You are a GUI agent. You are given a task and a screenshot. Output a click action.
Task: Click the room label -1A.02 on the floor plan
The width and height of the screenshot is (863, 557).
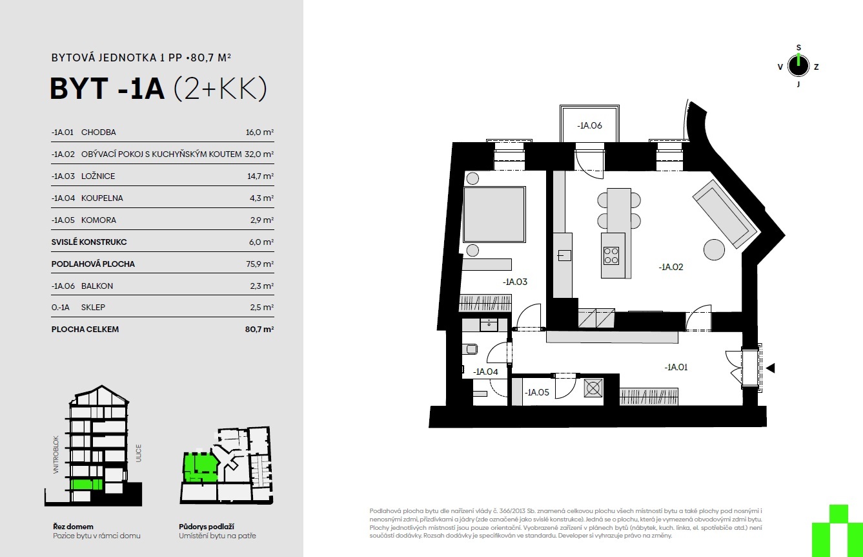pos(671,267)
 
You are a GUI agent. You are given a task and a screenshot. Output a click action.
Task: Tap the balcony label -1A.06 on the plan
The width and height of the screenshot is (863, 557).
pos(589,125)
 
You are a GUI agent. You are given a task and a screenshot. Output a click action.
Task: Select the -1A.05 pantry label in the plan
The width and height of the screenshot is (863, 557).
pos(536,392)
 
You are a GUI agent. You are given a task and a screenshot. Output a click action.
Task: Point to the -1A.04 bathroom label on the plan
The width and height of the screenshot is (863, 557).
pos(485,372)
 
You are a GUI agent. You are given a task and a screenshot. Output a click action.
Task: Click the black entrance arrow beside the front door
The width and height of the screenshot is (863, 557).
pos(770,368)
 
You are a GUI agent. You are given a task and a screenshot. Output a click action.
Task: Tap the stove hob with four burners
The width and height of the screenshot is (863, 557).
pos(611,255)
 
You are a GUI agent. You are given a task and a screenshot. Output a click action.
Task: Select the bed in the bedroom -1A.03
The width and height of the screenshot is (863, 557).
pos(494,215)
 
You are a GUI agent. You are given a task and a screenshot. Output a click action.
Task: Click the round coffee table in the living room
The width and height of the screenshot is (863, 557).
pos(714,249)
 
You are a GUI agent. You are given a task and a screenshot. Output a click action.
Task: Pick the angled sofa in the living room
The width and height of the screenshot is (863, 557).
pos(725,214)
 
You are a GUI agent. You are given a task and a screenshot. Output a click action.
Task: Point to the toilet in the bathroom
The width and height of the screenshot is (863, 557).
pos(471,350)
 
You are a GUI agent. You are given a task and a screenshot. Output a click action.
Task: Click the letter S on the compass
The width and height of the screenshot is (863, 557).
pos(798,48)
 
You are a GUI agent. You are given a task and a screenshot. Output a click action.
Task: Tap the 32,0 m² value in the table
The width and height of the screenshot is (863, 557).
pos(259,154)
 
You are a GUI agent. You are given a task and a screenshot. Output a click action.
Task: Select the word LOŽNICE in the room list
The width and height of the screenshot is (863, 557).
pos(98,176)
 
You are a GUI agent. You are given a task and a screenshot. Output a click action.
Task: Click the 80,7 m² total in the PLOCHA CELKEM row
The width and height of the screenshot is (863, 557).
pos(259,329)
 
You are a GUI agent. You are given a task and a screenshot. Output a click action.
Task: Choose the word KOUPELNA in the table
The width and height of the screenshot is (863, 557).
pos(102,198)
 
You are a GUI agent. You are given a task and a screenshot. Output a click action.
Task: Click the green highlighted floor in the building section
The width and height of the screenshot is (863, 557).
pos(86,485)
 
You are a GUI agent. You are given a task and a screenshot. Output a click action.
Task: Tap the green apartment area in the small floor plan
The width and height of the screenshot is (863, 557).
pos(199,467)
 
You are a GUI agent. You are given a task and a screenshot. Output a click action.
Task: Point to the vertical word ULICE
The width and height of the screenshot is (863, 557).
pos(138,453)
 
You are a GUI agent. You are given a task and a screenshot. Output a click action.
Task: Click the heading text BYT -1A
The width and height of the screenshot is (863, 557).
pos(108,89)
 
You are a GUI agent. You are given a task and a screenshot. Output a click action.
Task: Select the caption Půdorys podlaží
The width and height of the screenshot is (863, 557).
pos(207,527)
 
